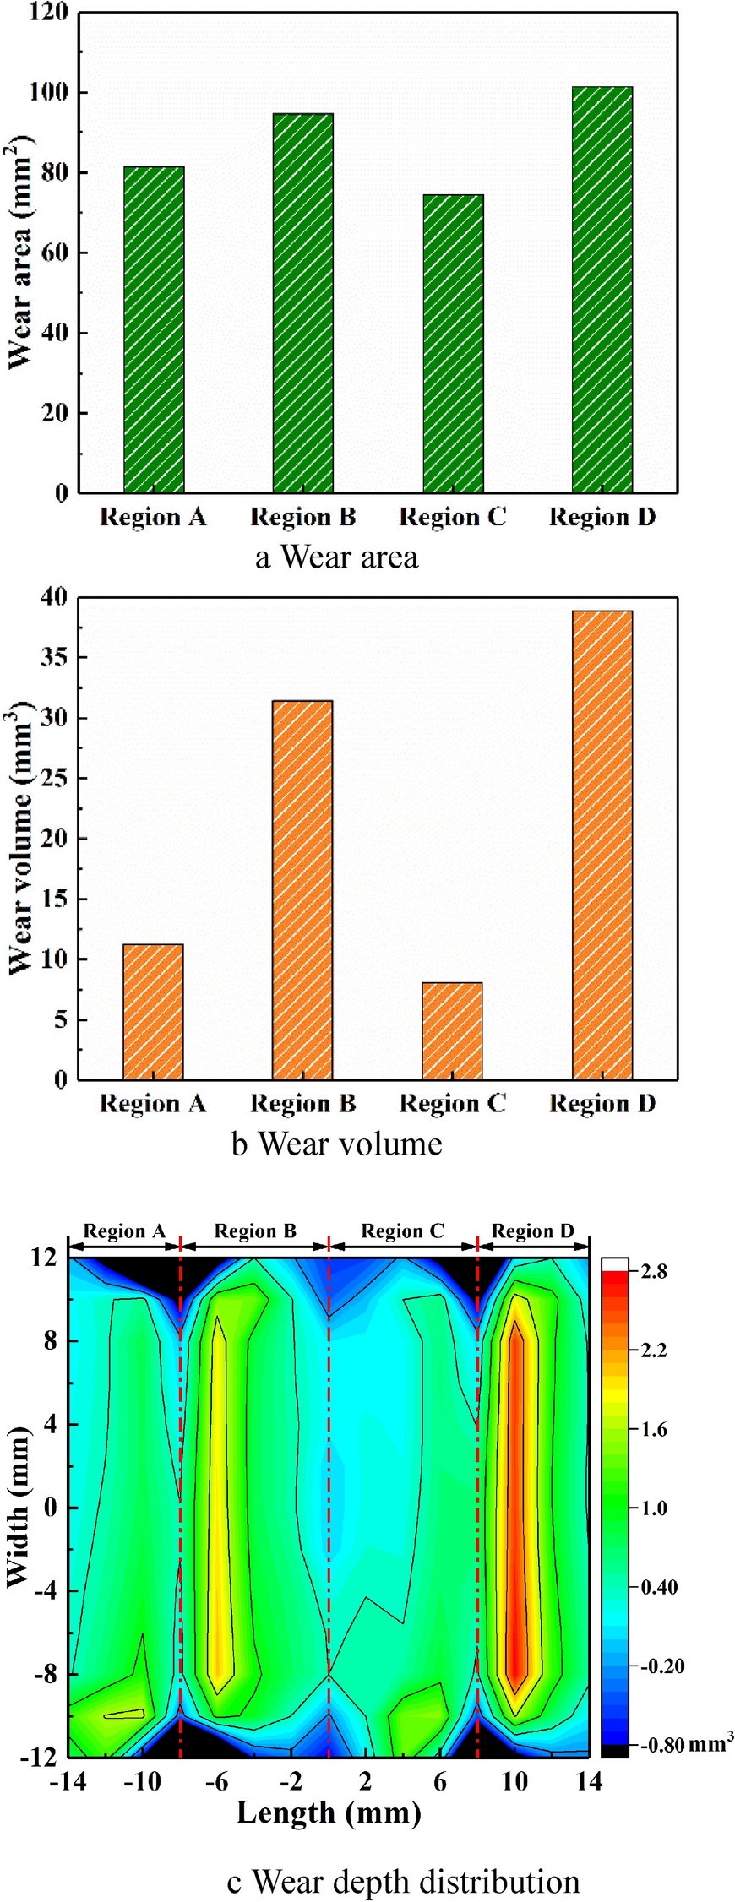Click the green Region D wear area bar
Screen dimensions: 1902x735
coord(602,289)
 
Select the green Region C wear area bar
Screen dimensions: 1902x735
coord(453,343)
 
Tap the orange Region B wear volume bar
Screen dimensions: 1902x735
coord(302,889)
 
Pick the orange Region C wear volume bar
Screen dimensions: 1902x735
coord(452,1030)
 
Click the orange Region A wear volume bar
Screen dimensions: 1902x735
coord(153,1011)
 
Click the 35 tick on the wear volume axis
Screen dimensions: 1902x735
coord(53,657)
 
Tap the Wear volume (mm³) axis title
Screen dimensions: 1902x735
coord(20,838)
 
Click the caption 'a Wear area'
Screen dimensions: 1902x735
coord(336,557)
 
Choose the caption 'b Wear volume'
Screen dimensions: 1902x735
coord(336,1144)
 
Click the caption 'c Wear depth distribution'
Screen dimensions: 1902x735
coord(403,1882)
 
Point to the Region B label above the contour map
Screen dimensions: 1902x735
coord(255,1231)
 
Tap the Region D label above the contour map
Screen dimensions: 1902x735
coord(533,1231)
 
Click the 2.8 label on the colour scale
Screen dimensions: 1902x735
coord(654,1272)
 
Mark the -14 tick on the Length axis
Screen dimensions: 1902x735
coord(68,1782)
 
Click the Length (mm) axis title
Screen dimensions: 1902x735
coord(329,1812)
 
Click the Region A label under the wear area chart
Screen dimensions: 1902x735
coord(153,517)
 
